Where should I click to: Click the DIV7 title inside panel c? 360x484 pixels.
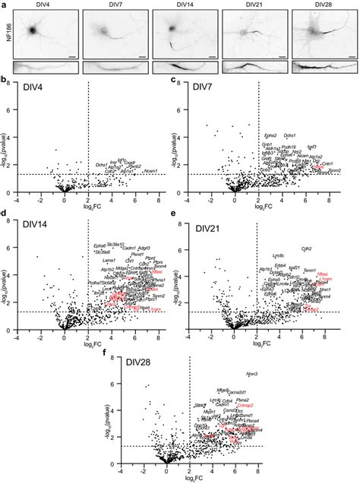(x=201, y=87)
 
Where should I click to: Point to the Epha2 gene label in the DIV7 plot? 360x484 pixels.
(x=270, y=134)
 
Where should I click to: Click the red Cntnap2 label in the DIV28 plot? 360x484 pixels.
(x=245, y=406)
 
